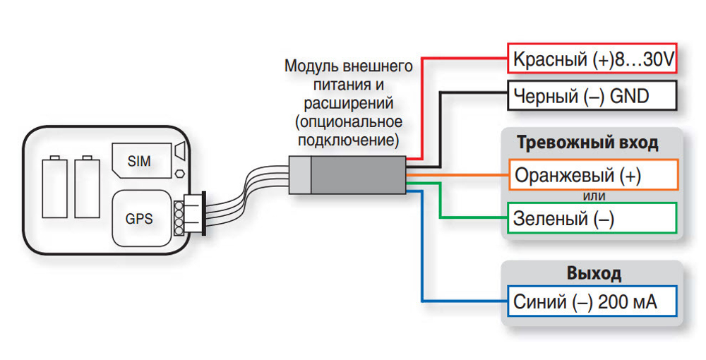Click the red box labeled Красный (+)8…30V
tap(592, 59)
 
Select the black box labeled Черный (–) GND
tap(592, 96)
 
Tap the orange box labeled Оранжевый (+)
tap(592, 175)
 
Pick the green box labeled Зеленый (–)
tap(592, 218)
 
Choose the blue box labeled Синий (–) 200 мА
tap(592, 303)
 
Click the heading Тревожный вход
tap(587, 143)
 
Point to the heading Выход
tap(593, 273)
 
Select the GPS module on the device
tap(139, 218)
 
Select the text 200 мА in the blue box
tap(627, 304)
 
